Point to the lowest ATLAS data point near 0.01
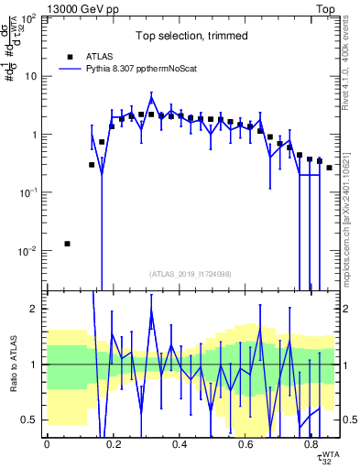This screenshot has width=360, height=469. (x=67, y=244)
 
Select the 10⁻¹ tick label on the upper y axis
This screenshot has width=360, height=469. (x=27, y=192)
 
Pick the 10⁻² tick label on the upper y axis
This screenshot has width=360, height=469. (x=27, y=251)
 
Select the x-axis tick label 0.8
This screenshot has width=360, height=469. (x=311, y=445)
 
